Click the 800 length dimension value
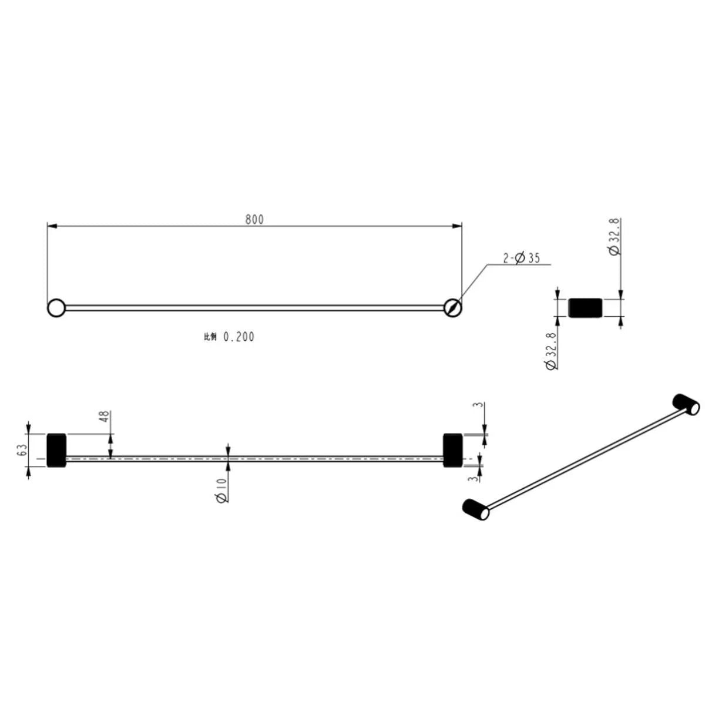[x=254, y=219]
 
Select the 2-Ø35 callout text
[x=521, y=258]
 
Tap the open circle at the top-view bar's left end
[x=56, y=307]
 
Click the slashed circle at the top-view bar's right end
[x=452, y=307]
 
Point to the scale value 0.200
[x=239, y=337]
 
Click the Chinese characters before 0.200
[x=210, y=337]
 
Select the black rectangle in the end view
[x=585, y=307]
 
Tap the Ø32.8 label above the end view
[x=614, y=237]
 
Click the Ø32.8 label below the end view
[x=551, y=350]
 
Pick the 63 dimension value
[x=22, y=450]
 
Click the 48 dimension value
[x=104, y=417]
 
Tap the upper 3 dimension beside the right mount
[x=479, y=405]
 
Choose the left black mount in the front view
[x=56, y=451]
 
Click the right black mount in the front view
[x=452, y=450]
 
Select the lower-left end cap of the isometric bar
[x=476, y=509]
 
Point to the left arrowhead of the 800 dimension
[x=51, y=226]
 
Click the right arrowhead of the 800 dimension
[x=458, y=226]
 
